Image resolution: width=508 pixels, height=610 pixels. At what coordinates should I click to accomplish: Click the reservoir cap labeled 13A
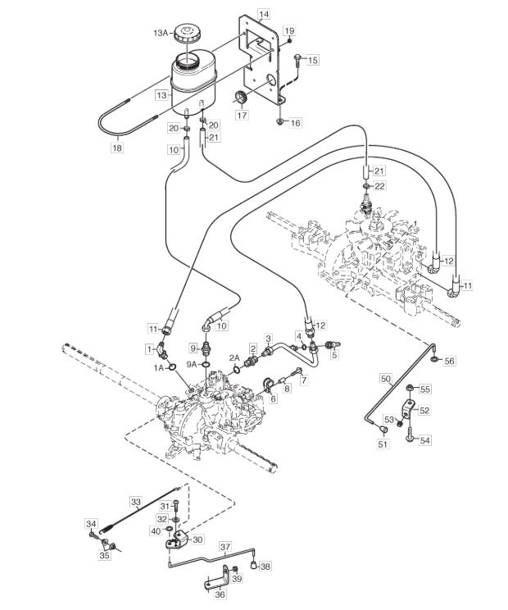(x=187, y=34)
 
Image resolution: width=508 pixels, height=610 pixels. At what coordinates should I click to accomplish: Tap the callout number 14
(x=263, y=15)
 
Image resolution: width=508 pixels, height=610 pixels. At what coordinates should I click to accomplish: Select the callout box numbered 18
(x=116, y=148)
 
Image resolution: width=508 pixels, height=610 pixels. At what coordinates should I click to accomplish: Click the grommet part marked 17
(x=243, y=98)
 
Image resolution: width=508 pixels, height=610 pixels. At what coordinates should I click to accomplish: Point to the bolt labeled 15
(x=297, y=60)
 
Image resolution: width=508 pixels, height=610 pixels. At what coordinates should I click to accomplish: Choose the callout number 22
(x=379, y=186)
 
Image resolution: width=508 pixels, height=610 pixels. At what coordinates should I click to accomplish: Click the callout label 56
(x=449, y=361)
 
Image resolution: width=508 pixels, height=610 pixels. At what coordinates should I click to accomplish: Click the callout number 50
(x=386, y=378)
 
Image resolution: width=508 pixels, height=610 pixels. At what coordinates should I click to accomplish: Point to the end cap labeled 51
(x=383, y=430)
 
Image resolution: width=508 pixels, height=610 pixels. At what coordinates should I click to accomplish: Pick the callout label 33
(x=136, y=502)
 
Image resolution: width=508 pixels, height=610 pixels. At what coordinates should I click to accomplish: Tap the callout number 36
(x=220, y=594)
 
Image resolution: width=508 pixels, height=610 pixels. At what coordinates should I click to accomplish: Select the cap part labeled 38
(x=253, y=564)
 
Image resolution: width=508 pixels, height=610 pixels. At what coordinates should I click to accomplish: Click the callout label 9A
(x=192, y=364)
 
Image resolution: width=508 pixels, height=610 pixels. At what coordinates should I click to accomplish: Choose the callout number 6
(x=274, y=398)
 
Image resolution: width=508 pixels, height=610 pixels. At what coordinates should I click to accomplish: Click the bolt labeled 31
(x=175, y=506)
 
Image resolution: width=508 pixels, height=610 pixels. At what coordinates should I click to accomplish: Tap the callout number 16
(x=296, y=123)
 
